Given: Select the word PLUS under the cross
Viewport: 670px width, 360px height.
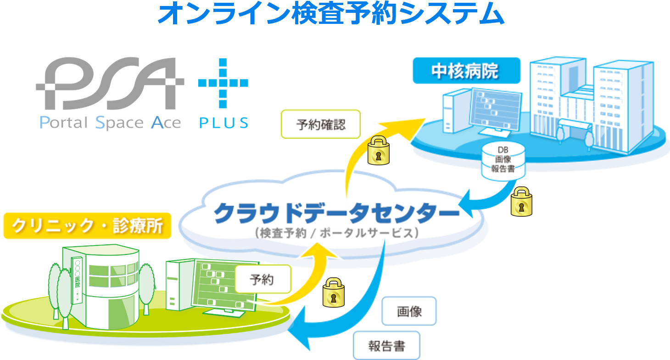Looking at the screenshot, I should [x=223, y=123].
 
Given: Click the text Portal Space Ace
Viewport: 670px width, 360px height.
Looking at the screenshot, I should [x=110, y=123].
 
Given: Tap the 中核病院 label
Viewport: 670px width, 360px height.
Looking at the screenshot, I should [x=465, y=71].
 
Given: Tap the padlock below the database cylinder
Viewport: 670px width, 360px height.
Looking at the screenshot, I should [x=521, y=202].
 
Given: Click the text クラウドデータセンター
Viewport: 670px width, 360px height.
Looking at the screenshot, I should [x=336, y=213].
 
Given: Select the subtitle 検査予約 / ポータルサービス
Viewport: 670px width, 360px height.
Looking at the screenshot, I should [x=336, y=233].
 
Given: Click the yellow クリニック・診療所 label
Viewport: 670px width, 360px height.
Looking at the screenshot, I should [x=87, y=226].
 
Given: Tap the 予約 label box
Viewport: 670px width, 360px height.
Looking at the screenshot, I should [x=262, y=279].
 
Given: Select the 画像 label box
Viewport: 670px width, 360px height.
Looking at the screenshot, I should [x=409, y=311].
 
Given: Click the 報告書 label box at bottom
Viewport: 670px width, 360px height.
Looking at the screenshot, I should [x=387, y=345].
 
